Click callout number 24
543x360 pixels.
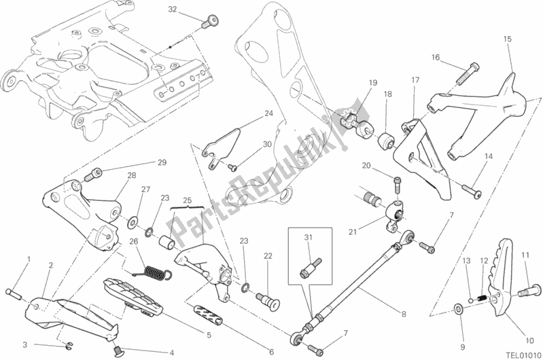[268, 113]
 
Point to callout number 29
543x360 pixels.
[162, 162]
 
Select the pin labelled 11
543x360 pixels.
[523, 293]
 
